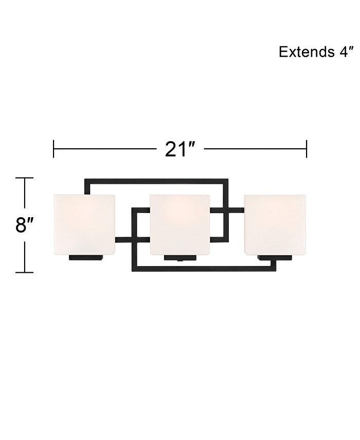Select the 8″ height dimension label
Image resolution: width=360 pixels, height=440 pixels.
click(24, 225)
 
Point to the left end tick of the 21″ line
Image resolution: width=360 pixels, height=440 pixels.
click(53, 149)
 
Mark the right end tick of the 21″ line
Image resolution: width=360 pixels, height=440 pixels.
click(307, 149)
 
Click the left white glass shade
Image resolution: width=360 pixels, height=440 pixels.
click(84, 224)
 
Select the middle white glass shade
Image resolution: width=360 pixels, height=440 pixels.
click(180, 224)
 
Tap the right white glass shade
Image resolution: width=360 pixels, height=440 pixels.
click(275, 224)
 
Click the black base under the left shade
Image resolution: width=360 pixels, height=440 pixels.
click(87, 258)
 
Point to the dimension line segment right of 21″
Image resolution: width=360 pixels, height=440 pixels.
click(255, 149)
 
